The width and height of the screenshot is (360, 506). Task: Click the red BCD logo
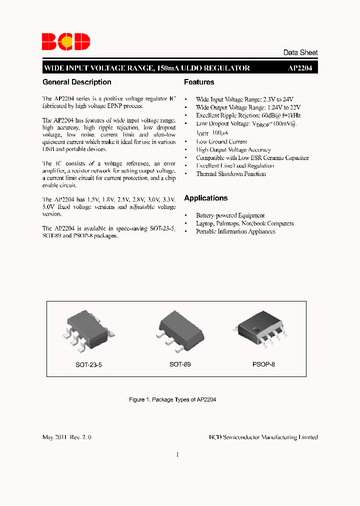click(x=66, y=42)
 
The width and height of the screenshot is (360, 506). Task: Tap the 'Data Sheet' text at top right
click(x=300, y=52)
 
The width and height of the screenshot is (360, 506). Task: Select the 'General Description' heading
click(x=77, y=82)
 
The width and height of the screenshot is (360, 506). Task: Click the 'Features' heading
click(x=199, y=82)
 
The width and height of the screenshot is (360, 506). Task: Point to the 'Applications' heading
click(x=205, y=198)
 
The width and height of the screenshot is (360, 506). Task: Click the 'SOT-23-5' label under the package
click(x=88, y=365)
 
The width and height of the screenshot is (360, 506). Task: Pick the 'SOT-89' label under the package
click(x=180, y=364)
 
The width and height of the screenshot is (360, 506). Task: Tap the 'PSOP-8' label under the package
click(x=263, y=364)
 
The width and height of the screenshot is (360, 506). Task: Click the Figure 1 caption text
click(x=172, y=400)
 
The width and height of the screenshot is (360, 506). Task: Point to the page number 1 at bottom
click(x=177, y=454)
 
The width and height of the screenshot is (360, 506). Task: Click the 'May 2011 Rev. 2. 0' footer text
click(x=67, y=437)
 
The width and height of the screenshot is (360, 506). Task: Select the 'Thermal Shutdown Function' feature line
click(x=230, y=174)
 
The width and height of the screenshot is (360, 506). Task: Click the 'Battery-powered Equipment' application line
click(x=230, y=215)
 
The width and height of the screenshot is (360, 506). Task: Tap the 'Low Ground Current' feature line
click(x=221, y=141)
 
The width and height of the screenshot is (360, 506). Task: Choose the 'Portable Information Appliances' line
click(x=235, y=231)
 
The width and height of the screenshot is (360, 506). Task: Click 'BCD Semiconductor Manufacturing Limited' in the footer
click(x=263, y=437)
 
